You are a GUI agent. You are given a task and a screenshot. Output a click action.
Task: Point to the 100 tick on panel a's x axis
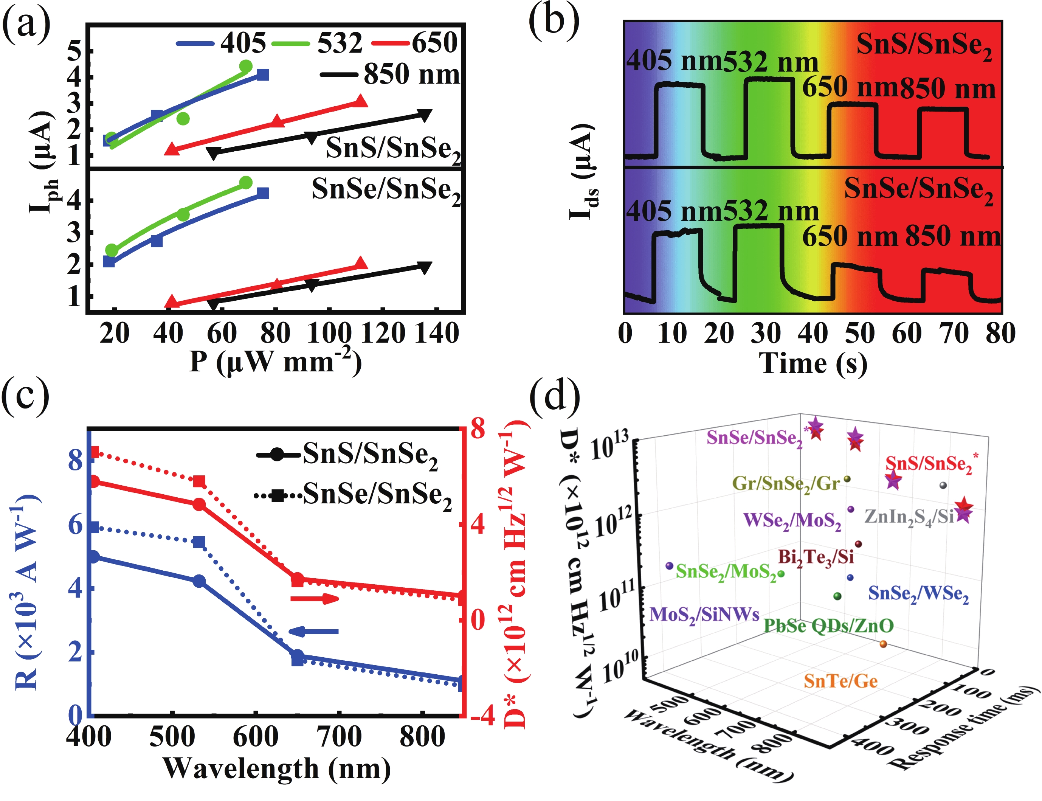click(x=329, y=332)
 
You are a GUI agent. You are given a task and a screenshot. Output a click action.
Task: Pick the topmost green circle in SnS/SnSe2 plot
click(x=245, y=66)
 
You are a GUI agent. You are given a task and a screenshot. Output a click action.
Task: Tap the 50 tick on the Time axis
click(x=859, y=332)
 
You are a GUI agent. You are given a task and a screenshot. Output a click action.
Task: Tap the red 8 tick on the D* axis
click(x=477, y=428)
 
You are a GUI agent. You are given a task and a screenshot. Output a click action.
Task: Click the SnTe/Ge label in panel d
click(x=840, y=681)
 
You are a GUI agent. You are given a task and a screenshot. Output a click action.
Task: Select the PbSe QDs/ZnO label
click(x=828, y=625)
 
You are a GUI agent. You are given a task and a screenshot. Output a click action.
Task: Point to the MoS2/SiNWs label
click(x=704, y=614)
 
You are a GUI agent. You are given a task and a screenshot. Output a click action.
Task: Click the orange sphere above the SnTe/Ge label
click(x=883, y=644)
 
